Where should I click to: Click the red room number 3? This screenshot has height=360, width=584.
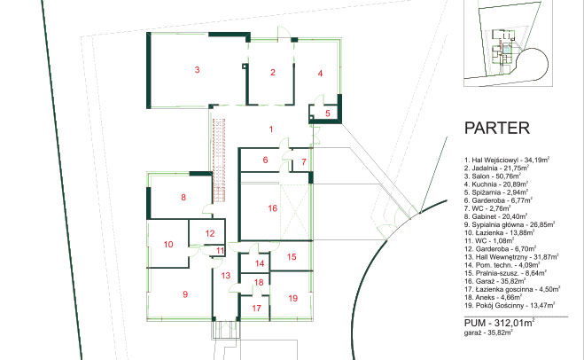coord(197,69)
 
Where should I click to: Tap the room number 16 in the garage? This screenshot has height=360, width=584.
coord(273,208)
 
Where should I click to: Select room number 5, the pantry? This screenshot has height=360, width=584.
coord(328,113)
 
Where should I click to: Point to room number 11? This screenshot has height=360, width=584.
coord(220,251)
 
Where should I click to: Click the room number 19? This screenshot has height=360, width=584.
coord(293,298)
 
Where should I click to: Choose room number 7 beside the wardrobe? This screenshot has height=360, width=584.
coord(304,161)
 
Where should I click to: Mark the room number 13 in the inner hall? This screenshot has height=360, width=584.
coord(226,276)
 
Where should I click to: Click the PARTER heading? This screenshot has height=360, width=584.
coord(497,129)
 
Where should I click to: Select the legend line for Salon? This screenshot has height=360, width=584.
coord(493,176)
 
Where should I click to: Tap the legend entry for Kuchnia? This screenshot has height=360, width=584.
coord(496,184)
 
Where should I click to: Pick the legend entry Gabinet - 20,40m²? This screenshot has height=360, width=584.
coord(495,216)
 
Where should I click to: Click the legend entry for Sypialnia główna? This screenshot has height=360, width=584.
coord(510,224)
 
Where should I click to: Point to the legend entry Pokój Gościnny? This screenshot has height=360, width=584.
coord(510,305)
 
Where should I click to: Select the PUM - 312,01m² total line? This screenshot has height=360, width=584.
coord(500,323)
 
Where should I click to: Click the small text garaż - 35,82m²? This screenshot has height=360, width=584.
coord(488,333)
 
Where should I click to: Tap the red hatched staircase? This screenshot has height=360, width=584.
coord(219,160)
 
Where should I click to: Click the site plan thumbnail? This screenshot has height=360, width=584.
coord(508,43)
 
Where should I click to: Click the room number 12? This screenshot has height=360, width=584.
coord(210,233)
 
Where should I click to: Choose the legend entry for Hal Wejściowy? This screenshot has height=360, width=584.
coord(507,160)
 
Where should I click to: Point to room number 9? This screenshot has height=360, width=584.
coord(185,294)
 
